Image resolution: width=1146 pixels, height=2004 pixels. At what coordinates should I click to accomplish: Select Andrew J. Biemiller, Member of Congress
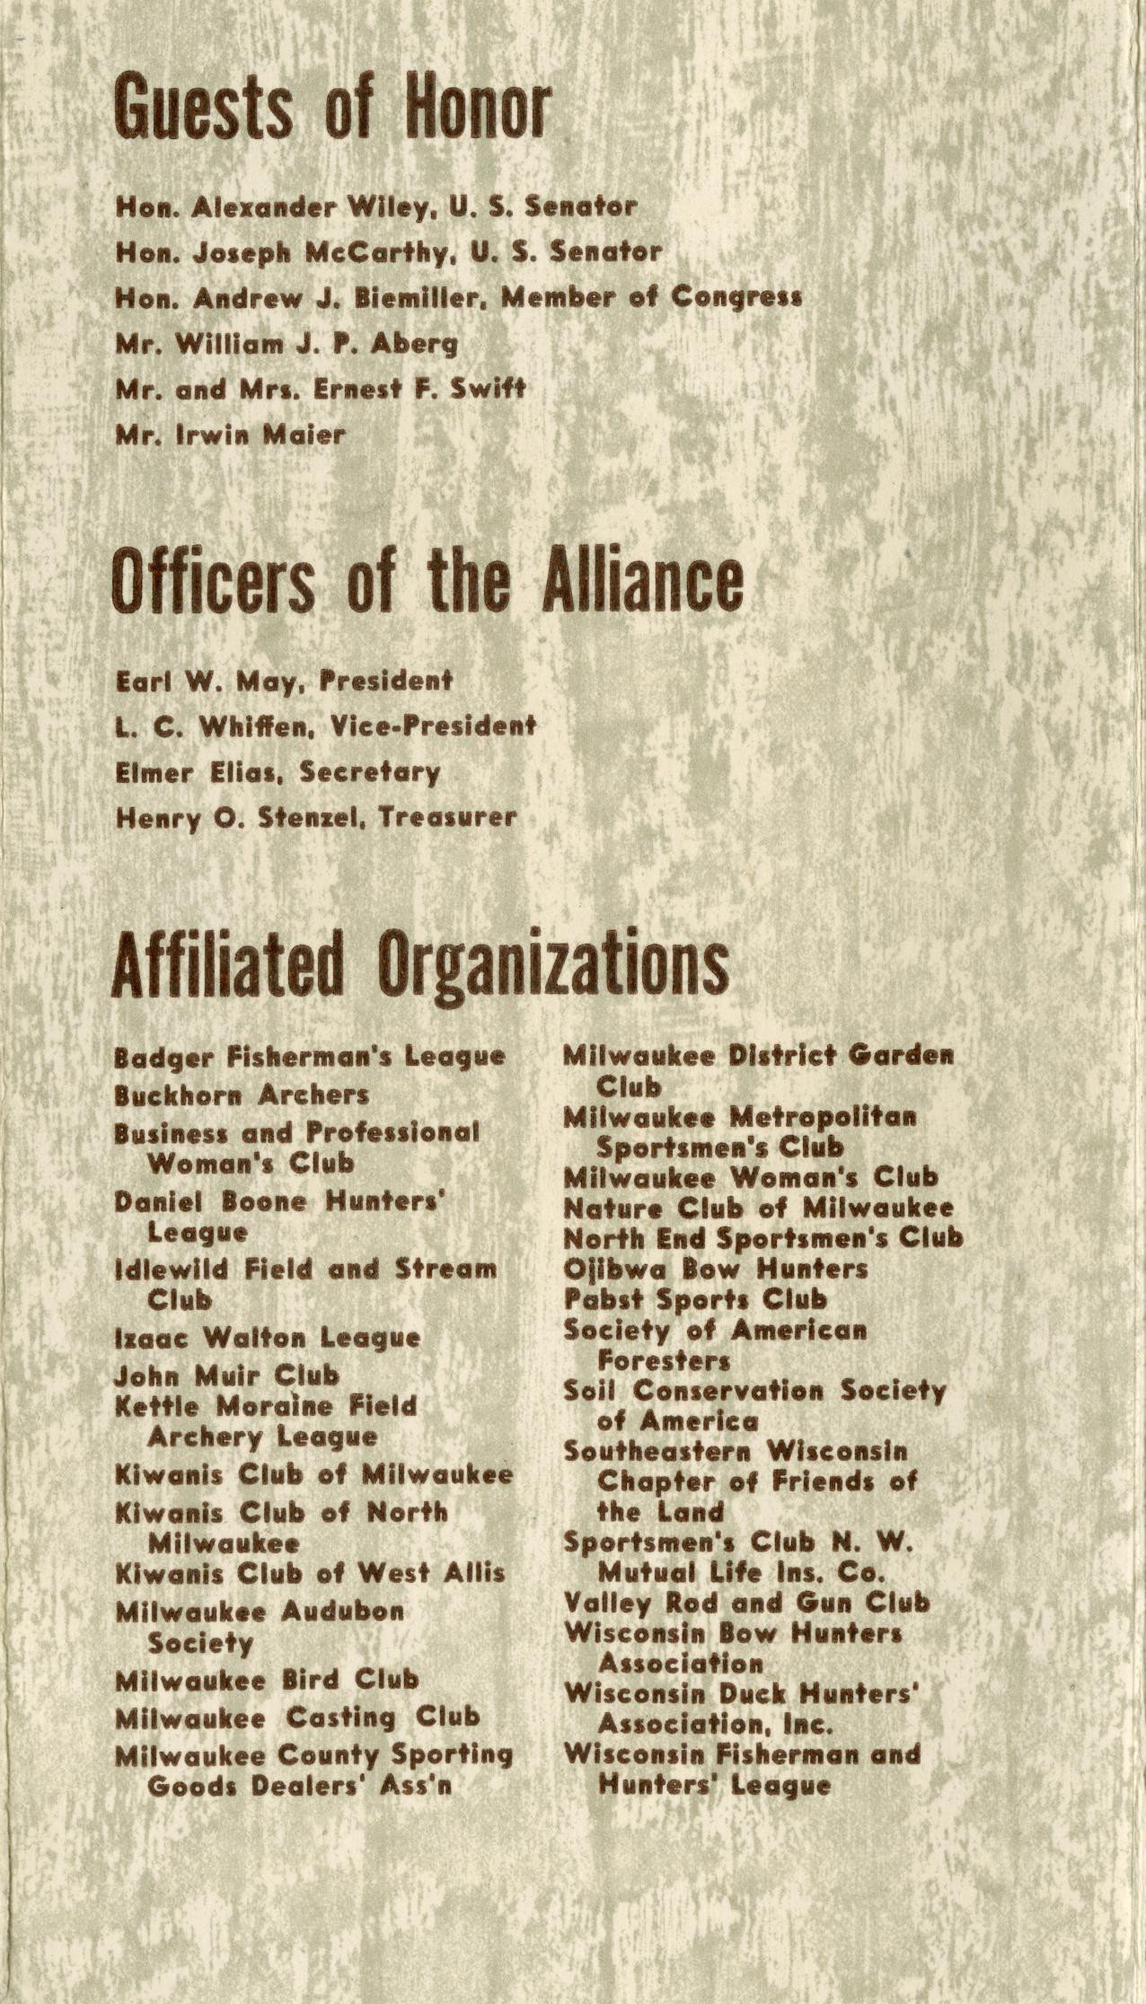click(458, 297)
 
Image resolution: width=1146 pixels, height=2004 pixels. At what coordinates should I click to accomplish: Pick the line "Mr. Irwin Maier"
click(230, 435)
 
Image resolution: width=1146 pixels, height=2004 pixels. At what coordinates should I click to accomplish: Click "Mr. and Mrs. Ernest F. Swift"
click(320, 390)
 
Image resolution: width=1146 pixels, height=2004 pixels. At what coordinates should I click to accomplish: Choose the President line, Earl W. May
click(284, 681)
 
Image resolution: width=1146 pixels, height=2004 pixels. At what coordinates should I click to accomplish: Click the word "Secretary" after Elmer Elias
click(370, 772)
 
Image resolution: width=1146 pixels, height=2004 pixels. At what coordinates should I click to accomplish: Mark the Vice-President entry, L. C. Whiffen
click(325, 726)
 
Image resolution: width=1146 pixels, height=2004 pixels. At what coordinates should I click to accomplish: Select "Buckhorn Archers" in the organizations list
click(242, 1095)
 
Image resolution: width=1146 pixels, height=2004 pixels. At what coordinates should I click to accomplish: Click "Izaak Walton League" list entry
click(268, 1338)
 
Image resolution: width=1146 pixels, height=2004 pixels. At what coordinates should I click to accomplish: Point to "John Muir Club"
click(227, 1375)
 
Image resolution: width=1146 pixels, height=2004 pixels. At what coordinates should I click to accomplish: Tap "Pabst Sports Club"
click(695, 1299)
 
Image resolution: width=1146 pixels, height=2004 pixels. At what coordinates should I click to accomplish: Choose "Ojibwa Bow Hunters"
click(715, 1269)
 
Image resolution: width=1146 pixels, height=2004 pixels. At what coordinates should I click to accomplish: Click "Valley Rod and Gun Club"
click(746, 1603)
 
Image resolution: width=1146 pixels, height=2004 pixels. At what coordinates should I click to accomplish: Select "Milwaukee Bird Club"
click(267, 1679)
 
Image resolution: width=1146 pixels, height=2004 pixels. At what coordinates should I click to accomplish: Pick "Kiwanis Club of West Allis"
click(310, 1573)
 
